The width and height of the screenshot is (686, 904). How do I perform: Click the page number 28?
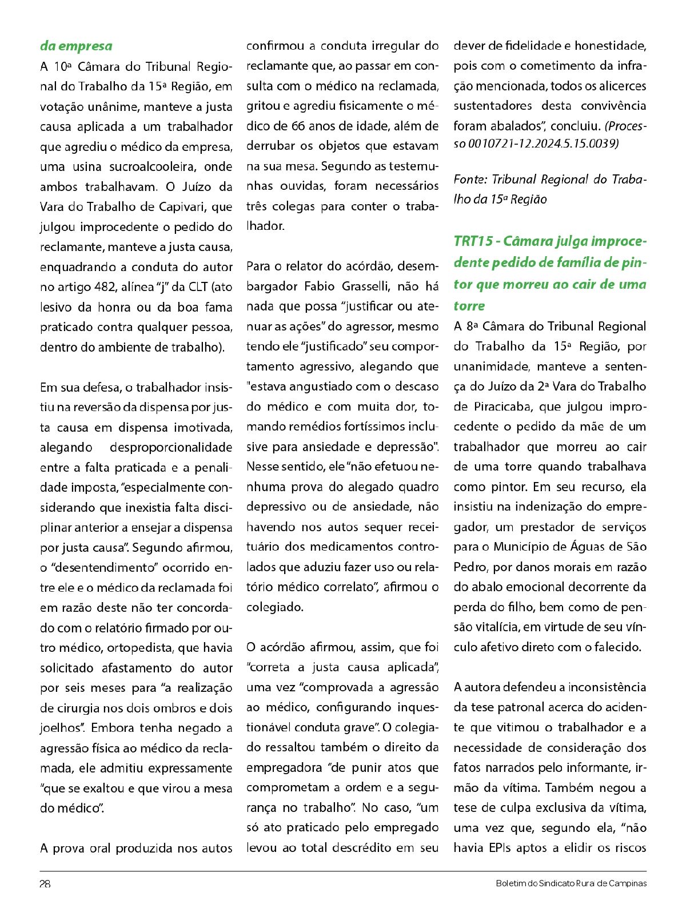(45, 883)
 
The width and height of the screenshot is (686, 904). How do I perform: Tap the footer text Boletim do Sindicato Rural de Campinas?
(571, 883)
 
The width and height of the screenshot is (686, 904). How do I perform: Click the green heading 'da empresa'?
(76, 46)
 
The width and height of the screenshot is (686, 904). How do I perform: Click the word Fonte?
(470, 180)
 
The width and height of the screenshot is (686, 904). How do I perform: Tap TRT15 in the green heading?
(473, 241)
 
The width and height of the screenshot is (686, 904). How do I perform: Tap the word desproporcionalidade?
(171, 447)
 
